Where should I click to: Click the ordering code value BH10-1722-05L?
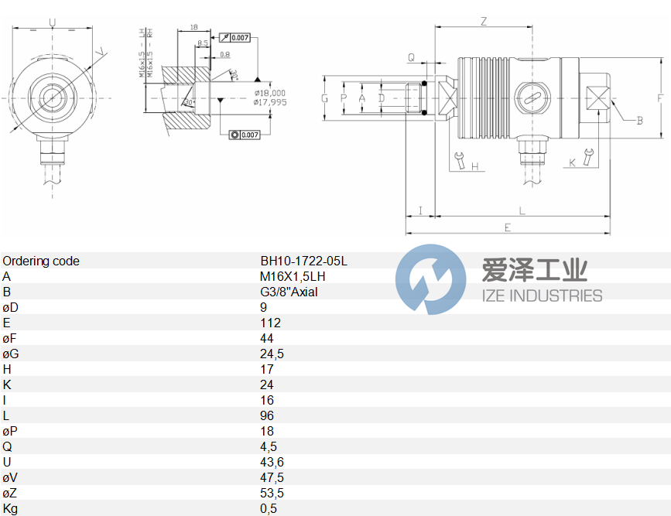(x=303, y=261)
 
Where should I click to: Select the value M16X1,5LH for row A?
(x=293, y=277)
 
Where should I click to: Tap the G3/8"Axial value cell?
(x=289, y=292)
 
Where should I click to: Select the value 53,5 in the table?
(x=271, y=494)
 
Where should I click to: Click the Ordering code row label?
(x=40, y=261)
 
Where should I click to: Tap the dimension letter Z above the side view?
(x=484, y=22)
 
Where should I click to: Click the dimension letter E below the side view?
(x=508, y=227)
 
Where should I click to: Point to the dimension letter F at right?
(x=660, y=98)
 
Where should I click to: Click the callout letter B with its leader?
(x=640, y=121)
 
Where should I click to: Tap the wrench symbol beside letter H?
(x=460, y=160)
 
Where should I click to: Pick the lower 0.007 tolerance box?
(x=245, y=135)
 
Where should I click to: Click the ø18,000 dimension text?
(x=269, y=93)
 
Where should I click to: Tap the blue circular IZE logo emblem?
(x=431, y=279)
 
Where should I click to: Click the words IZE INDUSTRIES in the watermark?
(x=542, y=296)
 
